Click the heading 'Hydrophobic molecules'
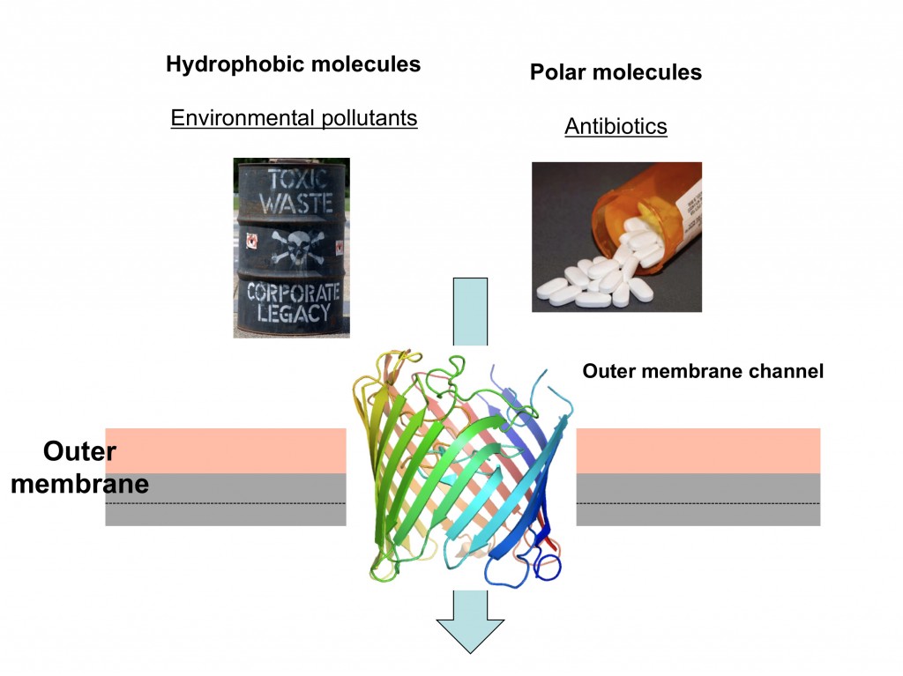pyautogui.click(x=293, y=64)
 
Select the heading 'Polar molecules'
pyautogui.click(x=616, y=72)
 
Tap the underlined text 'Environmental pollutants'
pyautogui.click(x=294, y=118)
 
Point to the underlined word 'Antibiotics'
pyautogui.click(x=616, y=127)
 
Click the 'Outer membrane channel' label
pyautogui.click(x=703, y=372)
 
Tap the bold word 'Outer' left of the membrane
pyautogui.click(x=79, y=452)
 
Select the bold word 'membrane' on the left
pyautogui.click(x=79, y=484)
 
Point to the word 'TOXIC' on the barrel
pyautogui.click(x=292, y=178)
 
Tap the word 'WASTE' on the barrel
pyautogui.click(x=292, y=204)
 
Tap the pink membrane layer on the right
pyautogui.click(x=698, y=450)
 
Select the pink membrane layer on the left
pyautogui.click(x=225, y=450)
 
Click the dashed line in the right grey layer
pyautogui.click(x=698, y=503)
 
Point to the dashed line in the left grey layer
pyautogui.click(x=225, y=503)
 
